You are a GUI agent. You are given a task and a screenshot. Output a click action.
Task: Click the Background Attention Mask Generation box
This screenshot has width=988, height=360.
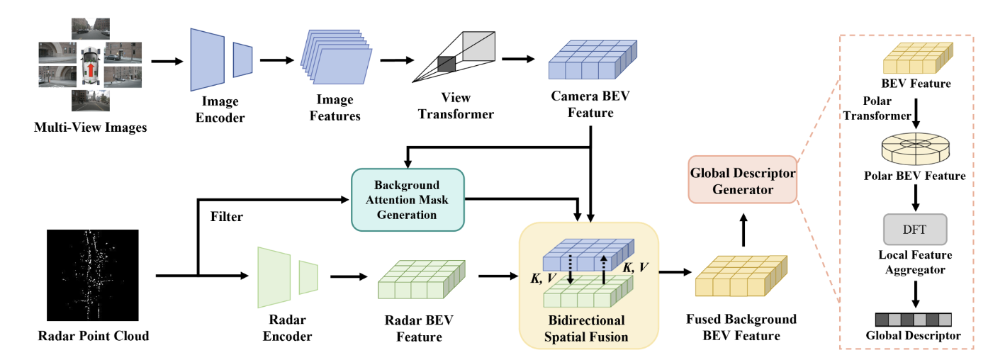pos(408,199)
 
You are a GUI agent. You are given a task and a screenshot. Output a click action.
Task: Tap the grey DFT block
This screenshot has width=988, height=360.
pos(914,229)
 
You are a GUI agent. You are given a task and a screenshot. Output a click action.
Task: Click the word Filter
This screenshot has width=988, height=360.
pos(226,217)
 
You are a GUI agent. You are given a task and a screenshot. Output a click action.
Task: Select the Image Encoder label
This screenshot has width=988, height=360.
pos(218,109)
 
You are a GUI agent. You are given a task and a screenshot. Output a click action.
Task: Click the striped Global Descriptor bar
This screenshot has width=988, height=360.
pos(914,318)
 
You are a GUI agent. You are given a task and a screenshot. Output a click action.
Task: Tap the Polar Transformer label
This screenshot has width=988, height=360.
pos(876,108)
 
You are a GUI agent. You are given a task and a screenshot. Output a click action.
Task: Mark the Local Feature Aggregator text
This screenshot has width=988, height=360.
pos(915,262)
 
